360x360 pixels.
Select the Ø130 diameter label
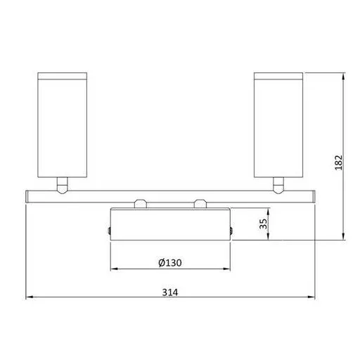171,262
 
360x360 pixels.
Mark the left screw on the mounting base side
109,230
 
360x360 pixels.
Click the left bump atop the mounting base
140,205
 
